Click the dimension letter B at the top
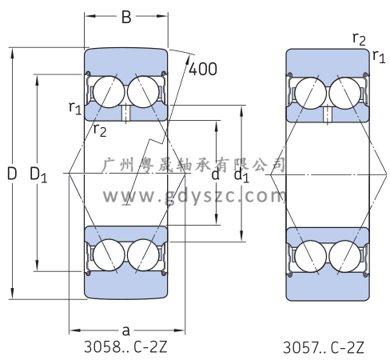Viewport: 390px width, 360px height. pyautogui.click(x=126, y=17)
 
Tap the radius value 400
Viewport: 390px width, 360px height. pyautogui.click(x=203, y=69)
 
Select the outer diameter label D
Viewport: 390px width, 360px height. pyautogui.click(x=12, y=174)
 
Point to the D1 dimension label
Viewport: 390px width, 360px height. pyautogui.click(x=38, y=174)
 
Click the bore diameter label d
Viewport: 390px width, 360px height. pyautogui.click(x=215, y=174)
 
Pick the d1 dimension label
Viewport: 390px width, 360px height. pyautogui.click(x=241, y=176)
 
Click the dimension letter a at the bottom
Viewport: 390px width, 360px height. pyautogui.click(x=125, y=330)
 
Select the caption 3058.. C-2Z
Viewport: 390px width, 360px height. pyautogui.click(x=125, y=347)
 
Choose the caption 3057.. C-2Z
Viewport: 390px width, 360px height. pyautogui.click(x=323, y=347)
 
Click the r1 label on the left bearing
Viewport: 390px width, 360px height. pyautogui.click(x=75, y=108)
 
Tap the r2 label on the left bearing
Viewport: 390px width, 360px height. pyautogui.click(x=100, y=130)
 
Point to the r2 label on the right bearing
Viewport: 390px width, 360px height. pyautogui.click(x=359, y=39)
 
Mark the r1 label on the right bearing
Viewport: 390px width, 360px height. pyautogui.click(x=379, y=57)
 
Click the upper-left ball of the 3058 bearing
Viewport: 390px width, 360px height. pyautogui.click(x=109, y=92)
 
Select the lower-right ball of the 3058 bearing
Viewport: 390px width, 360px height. pyautogui.click(x=143, y=255)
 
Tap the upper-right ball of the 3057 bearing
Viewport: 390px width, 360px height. pyautogui.click(x=344, y=93)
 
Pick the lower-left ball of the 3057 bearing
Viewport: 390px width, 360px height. pyautogui.click(x=311, y=256)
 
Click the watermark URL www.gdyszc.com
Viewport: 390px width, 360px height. pyautogui.click(x=194, y=197)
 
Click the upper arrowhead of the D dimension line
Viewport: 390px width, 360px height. pyautogui.click(x=12, y=53)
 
